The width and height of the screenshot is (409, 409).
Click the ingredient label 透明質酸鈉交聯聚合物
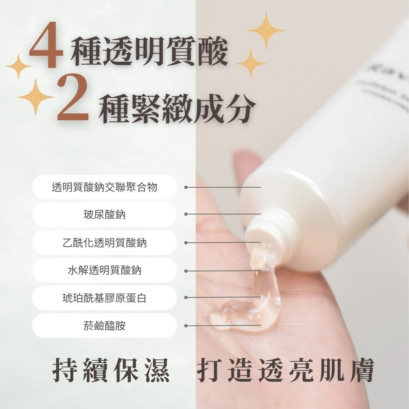point(104,187)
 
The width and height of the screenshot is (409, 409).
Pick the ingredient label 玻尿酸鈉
point(104,215)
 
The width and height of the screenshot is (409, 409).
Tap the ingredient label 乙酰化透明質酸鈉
point(104,243)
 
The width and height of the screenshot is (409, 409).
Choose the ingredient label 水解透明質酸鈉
point(104,270)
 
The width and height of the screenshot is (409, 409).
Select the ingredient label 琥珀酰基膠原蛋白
point(104,298)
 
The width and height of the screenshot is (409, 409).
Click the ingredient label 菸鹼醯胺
point(104,326)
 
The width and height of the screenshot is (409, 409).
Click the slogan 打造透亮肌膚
point(285,371)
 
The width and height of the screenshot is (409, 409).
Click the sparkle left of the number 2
point(36,97)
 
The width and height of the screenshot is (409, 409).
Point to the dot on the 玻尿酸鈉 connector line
point(186,214)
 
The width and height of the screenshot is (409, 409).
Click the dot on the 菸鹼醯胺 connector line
point(186,326)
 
